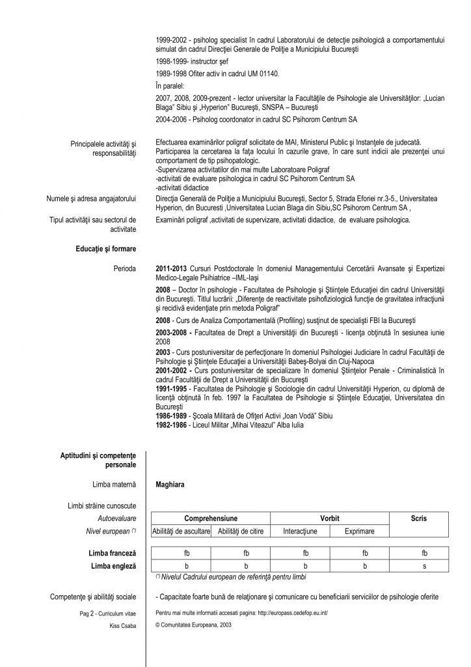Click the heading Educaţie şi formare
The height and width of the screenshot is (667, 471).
coord(107,249)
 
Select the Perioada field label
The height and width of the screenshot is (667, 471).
coord(124,268)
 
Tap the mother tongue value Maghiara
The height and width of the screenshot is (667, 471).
coord(170,485)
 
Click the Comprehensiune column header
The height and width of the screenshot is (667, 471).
coord(211,518)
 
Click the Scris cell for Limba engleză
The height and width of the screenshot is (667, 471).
coord(424,566)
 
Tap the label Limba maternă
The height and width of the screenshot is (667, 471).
coord(115,485)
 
